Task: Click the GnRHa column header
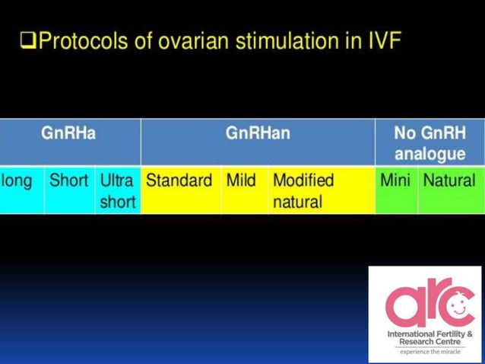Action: [x=69, y=134]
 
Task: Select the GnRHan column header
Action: [x=258, y=134]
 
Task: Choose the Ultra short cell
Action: [x=117, y=191]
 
